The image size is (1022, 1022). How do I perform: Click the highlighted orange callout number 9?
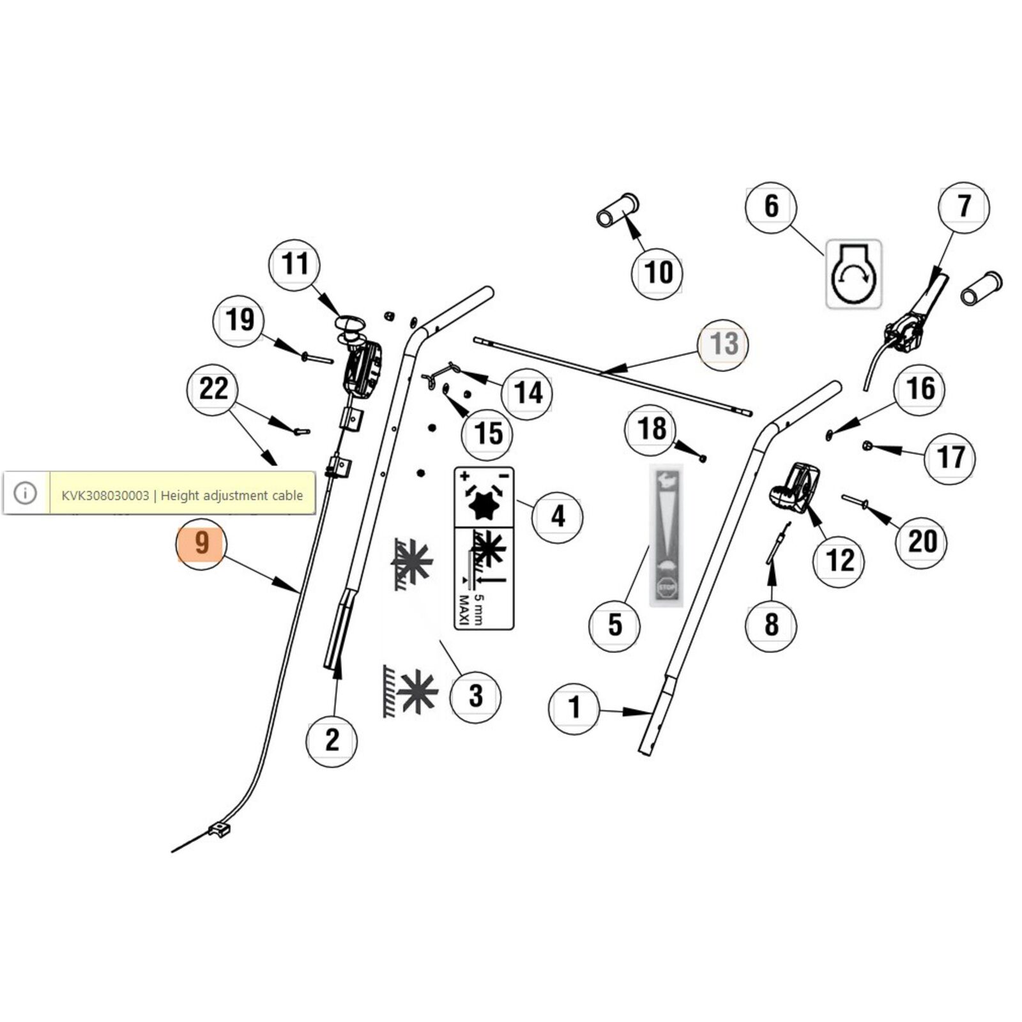pyautogui.click(x=201, y=543)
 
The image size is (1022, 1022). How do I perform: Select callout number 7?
pyautogui.click(x=963, y=207)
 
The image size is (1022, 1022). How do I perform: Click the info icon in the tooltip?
pyautogui.click(x=26, y=493)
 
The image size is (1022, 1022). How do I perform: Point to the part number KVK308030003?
pyautogui.click(x=105, y=496)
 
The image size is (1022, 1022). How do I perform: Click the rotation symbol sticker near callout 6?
pyautogui.click(x=854, y=274)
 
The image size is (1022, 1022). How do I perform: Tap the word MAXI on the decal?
pyautogui.click(x=464, y=611)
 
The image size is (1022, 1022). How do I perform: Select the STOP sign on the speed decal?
pyautogui.click(x=666, y=587)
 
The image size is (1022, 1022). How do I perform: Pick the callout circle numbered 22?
pyautogui.click(x=213, y=389)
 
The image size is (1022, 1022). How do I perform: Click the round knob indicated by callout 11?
pyautogui.click(x=350, y=323)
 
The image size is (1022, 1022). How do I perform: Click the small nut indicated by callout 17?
pyautogui.click(x=867, y=446)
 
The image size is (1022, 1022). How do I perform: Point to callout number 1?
pyautogui.click(x=574, y=708)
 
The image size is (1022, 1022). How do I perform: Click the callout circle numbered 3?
pyautogui.click(x=475, y=696)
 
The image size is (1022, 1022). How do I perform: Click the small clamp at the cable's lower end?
pyautogui.click(x=218, y=830)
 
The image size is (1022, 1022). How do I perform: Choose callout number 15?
pyautogui.click(x=488, y=434)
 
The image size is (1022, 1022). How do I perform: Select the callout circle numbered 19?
pyautogui.click(x=239, y=320)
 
